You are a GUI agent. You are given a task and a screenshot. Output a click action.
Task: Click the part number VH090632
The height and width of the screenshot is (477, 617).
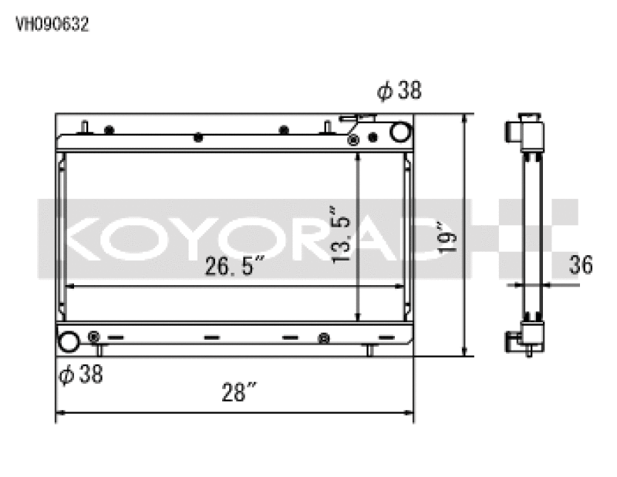pyautogui.click(x=52, y=24)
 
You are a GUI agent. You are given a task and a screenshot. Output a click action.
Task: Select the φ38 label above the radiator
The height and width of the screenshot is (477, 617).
pyautogui.click(x=399, y=91)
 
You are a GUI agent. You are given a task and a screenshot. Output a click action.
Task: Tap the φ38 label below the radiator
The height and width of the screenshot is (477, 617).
pyautogui.click(x=81, y=375)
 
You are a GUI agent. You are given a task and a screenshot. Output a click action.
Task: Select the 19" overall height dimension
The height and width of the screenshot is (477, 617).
pyautogui.click(x=447, y=237)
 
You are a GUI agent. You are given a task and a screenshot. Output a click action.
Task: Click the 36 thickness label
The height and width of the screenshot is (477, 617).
pyautogui.click(x=580, y=265)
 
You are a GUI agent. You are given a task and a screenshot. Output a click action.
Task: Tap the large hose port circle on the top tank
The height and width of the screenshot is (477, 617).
pyautogui.click(x=400, y=132)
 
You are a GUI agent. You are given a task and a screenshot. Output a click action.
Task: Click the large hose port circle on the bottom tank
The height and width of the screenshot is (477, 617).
pyautogui.click(x=69, y=340)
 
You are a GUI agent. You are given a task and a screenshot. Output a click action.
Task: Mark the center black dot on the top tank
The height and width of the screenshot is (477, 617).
pyautogui.click(x=198, y=137)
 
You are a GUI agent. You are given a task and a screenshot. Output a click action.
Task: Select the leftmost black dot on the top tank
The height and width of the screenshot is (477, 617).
pyautogui.click(x=109, y=129)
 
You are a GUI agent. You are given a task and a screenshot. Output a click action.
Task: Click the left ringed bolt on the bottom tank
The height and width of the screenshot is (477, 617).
pyautogui.click(x=94, y=337)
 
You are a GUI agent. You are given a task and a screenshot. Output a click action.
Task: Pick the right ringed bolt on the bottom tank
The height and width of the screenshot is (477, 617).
pyautogui.click(x=324, y=338)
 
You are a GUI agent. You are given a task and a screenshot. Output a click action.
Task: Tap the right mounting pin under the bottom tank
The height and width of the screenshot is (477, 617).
pyautogui.click(x=369, y=351)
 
